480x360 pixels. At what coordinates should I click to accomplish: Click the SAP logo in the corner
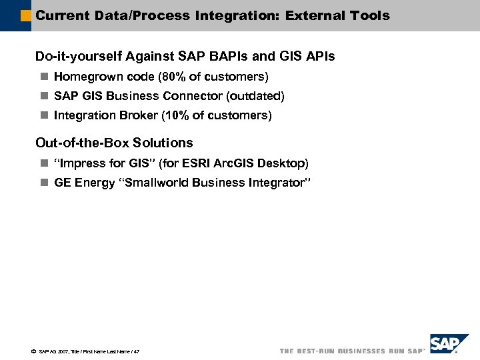pyautogui.click(x=445, y=345)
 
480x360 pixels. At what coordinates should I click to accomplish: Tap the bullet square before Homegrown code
pyautogui.click(x=44, y=77)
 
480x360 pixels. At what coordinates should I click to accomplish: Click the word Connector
pyautogui.click(x=198, y=96)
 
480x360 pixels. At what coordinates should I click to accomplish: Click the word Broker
pyautogui.click(x=138, y=115)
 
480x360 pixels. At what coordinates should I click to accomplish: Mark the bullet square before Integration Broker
pyautogui.click(x=44, y=115)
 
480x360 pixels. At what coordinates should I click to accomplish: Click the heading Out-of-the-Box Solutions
pyautogui.click(x=114, y=143)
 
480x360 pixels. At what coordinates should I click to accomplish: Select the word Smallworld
pyautogui.click(x=154, y=183)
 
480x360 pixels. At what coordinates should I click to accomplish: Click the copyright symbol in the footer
pyautogui.click(x=33, y=351)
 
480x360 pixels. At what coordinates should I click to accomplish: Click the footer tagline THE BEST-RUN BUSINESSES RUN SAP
pyautogui.click(x=351, y=351)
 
